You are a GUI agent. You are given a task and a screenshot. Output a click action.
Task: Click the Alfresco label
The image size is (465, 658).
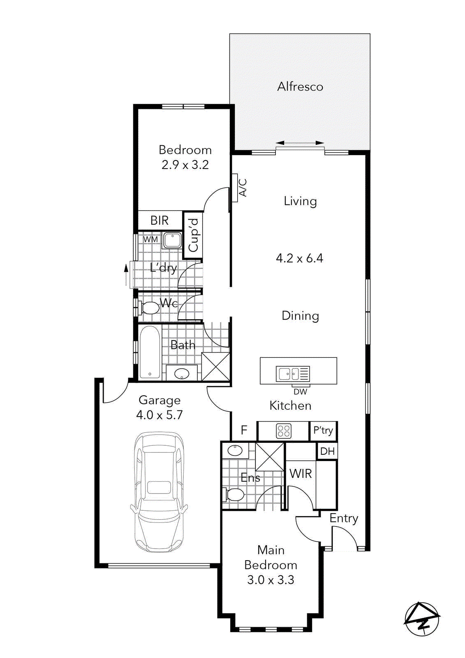tap(300, 87)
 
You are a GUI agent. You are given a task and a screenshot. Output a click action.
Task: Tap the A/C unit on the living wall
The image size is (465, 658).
tap(235, 188)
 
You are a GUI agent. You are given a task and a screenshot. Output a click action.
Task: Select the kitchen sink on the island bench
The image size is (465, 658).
tap(292, 374)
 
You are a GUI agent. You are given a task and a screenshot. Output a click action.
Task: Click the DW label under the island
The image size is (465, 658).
tap(300, 392)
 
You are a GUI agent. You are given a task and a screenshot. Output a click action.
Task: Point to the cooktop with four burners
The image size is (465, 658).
tap(284, 431)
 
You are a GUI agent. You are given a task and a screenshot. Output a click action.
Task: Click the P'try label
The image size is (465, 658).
tap(323, 431)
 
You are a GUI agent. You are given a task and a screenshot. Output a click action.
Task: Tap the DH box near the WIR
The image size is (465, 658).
tap(327, 452)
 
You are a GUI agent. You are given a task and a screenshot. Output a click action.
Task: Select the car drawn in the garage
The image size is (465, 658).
tap(159, 491)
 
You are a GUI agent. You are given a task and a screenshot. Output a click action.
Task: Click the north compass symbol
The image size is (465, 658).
tap(422, 619)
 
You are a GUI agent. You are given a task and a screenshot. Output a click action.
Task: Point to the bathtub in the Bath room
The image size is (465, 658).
tap(150, 352)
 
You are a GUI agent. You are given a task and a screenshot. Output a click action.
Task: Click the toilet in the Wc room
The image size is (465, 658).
tap(149, 307)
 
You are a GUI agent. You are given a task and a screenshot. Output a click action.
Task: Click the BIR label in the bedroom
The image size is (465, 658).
tap(160, 221)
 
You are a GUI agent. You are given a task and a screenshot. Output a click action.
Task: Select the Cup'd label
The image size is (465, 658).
tap(193, 235)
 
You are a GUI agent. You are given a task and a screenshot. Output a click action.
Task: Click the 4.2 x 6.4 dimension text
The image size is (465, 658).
tap(299, 258)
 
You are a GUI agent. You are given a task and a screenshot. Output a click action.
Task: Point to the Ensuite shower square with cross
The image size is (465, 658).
tap(270, 456)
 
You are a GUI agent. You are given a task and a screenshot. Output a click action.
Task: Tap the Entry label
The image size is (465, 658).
tap(344, 518)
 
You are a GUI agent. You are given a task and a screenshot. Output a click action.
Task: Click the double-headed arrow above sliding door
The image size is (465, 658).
tap(300, 143)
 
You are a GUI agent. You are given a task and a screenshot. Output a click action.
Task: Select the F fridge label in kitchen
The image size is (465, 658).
tap(244, 430)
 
